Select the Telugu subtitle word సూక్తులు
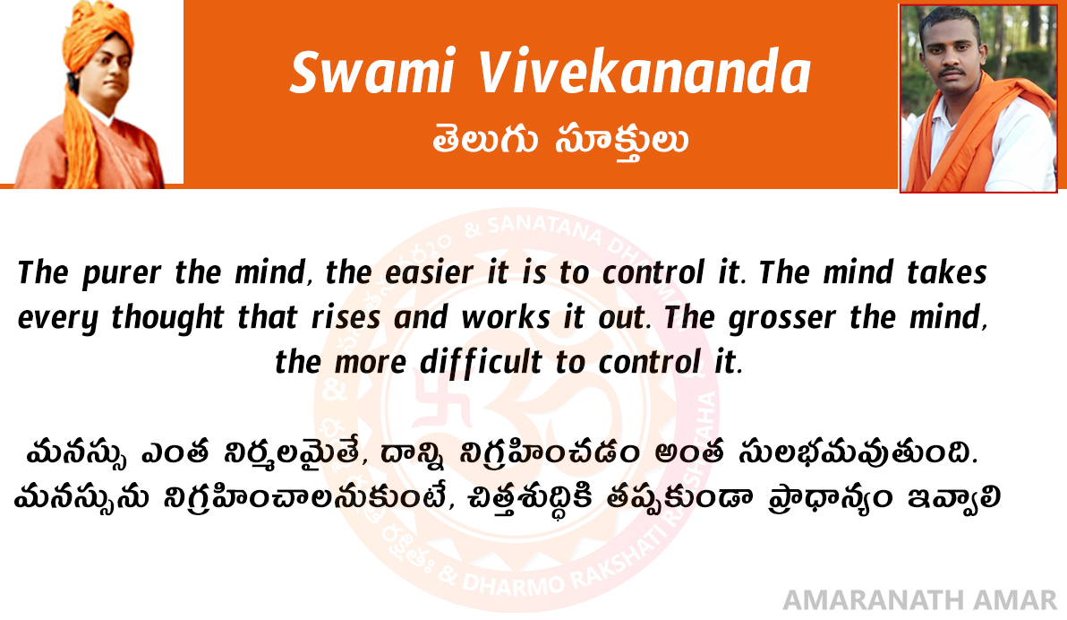click(621, 142)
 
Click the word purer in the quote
click(122, 274)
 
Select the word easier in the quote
click(429, 272)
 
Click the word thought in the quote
click(167, 317)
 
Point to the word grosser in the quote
click(781, 318)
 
